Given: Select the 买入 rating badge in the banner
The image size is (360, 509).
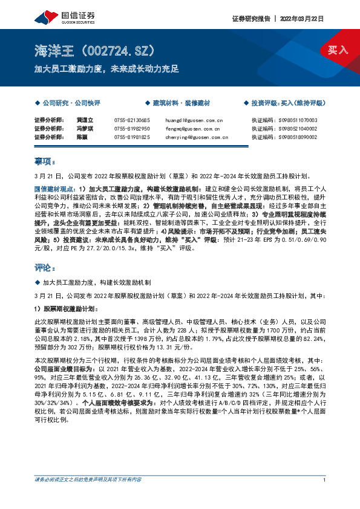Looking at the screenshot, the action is click(338, 50).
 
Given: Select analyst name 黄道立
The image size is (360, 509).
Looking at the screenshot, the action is click(83, 120).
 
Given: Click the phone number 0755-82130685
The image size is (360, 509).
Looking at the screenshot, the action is click(132, 120).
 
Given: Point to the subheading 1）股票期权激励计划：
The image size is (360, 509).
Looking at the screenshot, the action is click(67, 308).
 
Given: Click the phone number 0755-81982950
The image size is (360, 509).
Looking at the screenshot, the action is click(132, 129).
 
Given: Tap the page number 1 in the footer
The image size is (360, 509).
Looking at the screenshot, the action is click(325, 479).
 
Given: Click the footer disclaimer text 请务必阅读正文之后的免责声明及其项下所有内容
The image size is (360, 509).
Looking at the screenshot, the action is click(88, 479).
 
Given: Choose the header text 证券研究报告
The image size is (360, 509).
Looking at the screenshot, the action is click(250, 19).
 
